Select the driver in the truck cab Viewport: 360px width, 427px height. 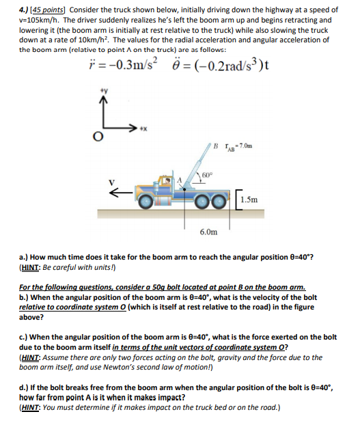click(165, 182)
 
